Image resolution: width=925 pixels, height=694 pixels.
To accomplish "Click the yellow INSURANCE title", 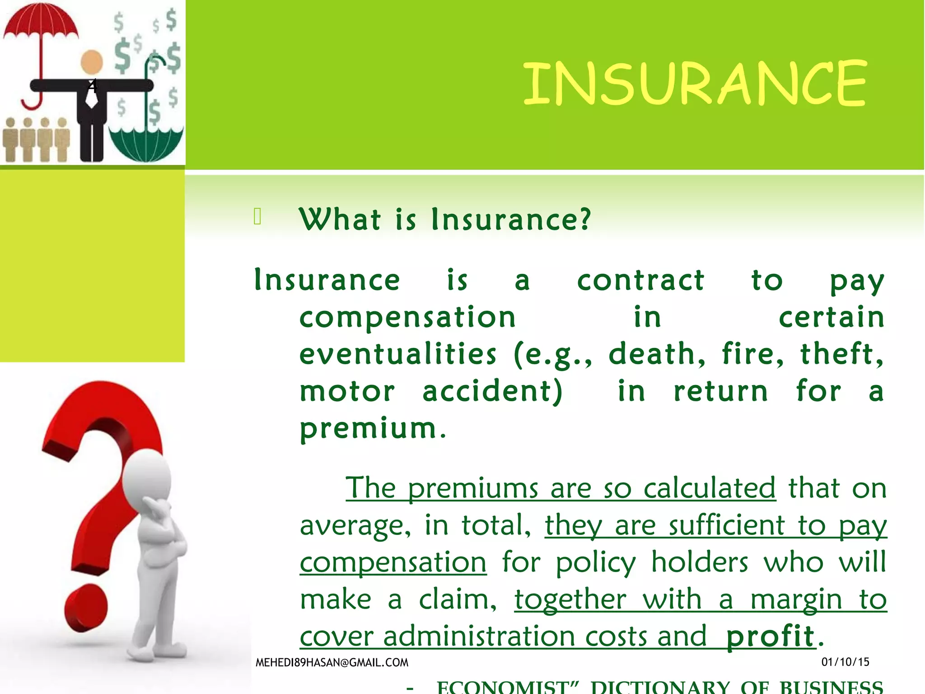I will coord(695,83).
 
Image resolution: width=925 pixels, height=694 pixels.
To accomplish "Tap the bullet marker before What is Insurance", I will coord(257,216).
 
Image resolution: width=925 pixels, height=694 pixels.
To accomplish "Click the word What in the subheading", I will coord(340,220).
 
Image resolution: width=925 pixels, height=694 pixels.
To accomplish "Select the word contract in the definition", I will coord(640,280).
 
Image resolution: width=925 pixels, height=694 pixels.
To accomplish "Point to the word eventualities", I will coord(398,354).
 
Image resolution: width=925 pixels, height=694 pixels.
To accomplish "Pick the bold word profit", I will coord(770,636).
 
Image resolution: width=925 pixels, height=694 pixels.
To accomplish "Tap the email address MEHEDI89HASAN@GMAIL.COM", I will coord(332,662).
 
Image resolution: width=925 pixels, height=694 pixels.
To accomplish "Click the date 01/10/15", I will coord(845,662).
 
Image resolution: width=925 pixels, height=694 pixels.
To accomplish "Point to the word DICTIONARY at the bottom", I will coord(660,687).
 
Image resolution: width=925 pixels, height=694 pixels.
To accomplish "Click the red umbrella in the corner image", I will coord(41,23).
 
